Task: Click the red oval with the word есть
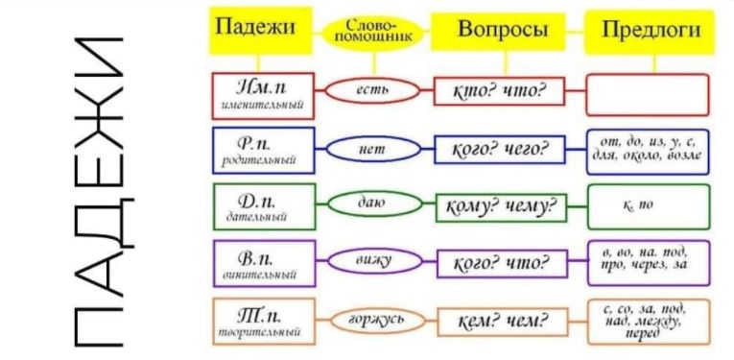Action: pyautogui.click(x=369, y=91)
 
